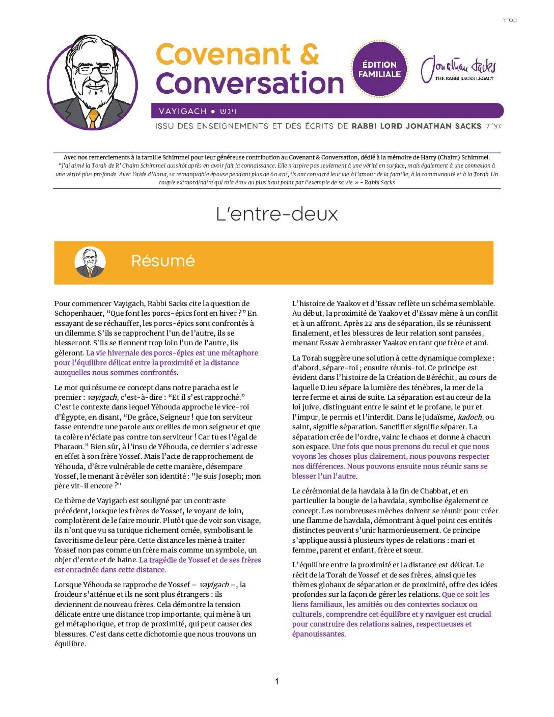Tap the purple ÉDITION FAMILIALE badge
[x=379, y=69]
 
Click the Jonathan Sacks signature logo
[x=458, y=69]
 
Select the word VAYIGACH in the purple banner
[x=183, y=111]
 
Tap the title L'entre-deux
[x=276, y=214]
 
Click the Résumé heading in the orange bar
[x=163, y=261]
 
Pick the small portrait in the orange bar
[x=90, y=262]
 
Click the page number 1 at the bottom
[x=276, y=681]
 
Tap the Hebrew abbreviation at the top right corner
[x=510, y=20]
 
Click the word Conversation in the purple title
[x=250, y=84]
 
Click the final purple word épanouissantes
[x=318, y=634]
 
